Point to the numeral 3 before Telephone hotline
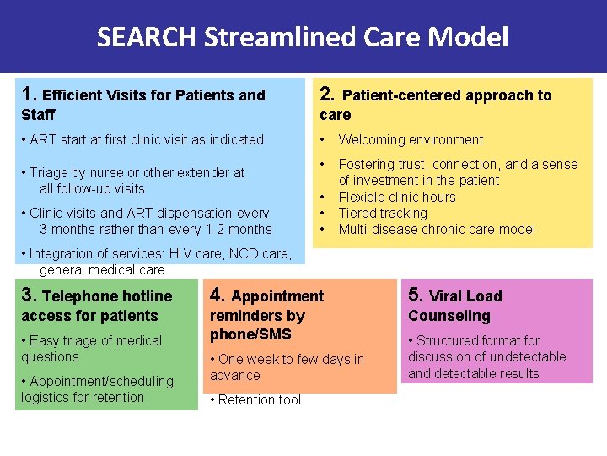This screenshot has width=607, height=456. click(x=28, y=295)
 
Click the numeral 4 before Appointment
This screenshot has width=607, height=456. click(x=217, y=295)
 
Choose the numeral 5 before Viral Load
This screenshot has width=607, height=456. click(x=415, y=295)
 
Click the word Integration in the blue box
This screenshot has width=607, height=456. click(x=66, y=253)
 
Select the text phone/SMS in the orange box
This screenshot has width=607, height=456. click(x=250, y=334)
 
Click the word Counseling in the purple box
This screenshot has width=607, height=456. click(x=449, y=316)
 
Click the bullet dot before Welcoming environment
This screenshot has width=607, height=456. click(x=321, y=139)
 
